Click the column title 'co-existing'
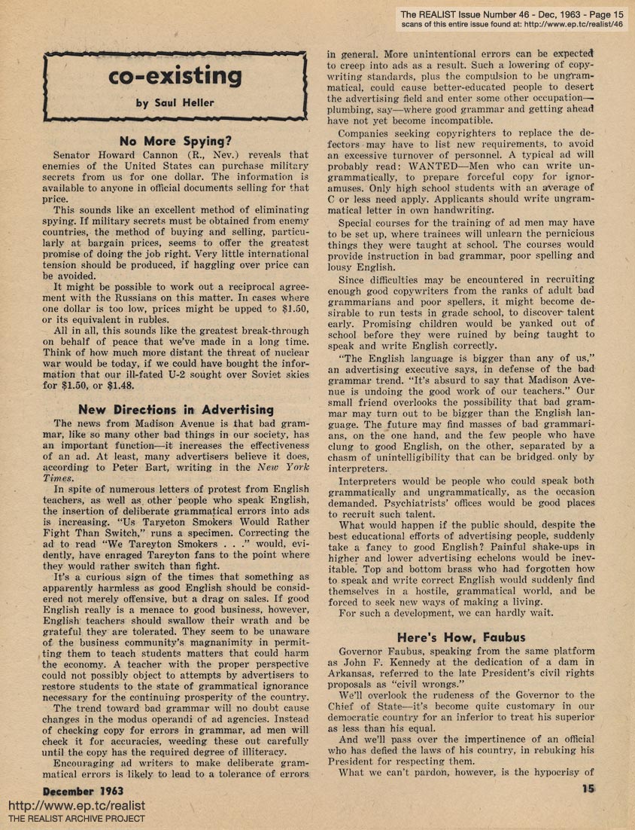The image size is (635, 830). [175, 78]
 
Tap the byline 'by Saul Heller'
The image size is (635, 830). [175, 103]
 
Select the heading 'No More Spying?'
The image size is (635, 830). [175, 140]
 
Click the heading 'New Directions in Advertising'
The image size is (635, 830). [175, 410]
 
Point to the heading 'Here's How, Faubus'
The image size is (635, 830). [462, 637]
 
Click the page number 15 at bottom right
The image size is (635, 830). [588, 789]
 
